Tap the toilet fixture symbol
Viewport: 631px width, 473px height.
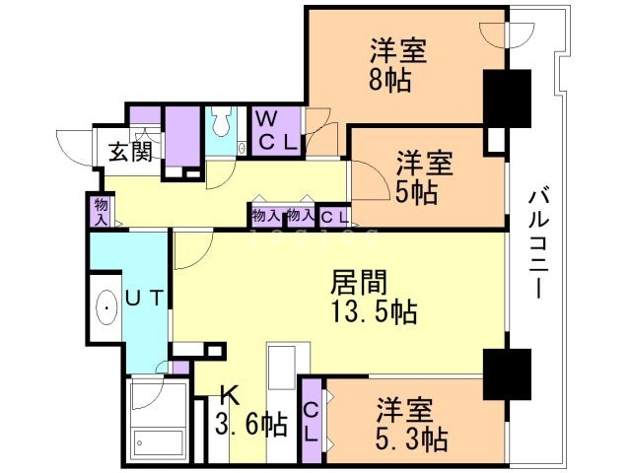pos(223,125)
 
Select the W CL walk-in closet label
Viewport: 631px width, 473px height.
pos(276,129)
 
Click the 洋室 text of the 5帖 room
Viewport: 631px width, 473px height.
pos(425,162)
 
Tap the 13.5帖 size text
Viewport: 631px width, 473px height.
pos(373,314)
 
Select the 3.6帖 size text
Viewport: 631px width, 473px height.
pos(251,426)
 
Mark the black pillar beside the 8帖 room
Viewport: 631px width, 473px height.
pos(508,97)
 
